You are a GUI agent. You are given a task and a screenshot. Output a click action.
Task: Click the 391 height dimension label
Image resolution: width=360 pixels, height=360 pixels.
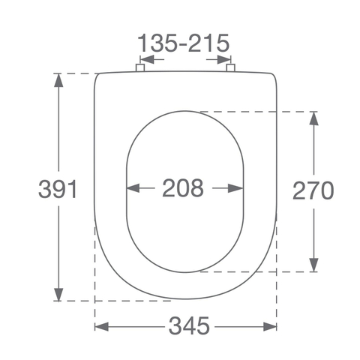click(x=58, y=189)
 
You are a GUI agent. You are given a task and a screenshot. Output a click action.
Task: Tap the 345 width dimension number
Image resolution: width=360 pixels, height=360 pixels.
click(x=189, y=326)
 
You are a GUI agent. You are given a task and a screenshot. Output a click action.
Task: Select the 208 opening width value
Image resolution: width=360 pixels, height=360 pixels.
click(x=183, y=187)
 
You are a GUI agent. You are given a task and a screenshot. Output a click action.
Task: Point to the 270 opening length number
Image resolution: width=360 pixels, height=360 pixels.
click(x=313, y=190)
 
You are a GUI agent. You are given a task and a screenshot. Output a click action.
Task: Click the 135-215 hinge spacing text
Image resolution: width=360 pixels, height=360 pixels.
click(x=184, y=43)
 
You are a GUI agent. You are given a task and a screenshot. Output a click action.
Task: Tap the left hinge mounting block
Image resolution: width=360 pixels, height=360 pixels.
click(x=140, y=67)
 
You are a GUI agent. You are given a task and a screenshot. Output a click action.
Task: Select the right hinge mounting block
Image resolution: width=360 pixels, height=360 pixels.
click(x=230, y=67)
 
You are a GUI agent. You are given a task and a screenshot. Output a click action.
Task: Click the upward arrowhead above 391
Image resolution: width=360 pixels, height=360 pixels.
click(x=58, y=80)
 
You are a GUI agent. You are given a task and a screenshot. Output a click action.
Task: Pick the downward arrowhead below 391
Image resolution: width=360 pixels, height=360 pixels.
click(x=58, y=295)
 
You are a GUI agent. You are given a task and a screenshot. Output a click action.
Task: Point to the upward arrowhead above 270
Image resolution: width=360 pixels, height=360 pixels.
click(x=313, y=118)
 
